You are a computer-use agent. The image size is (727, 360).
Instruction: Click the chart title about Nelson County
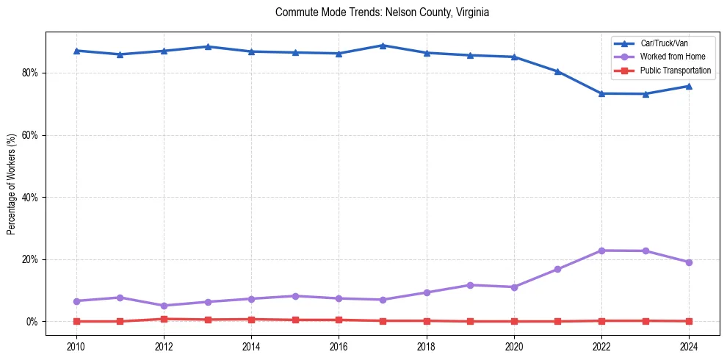tap(382, 12)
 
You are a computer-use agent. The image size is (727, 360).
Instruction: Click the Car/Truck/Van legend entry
tap(664, 43)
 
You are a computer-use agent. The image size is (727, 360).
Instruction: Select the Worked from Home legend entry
tap(673, 57)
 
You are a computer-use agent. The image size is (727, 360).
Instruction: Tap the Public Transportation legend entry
tap(676, 71)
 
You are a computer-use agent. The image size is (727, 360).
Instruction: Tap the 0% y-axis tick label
tap(32, 322)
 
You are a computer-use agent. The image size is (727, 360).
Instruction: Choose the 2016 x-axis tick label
tap(339, 346)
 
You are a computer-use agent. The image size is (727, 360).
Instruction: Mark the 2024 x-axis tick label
tap(689, 346)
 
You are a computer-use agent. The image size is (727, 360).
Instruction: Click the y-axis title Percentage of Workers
tap(12, 184)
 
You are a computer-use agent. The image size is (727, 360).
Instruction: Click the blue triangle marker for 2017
tap(383, 46)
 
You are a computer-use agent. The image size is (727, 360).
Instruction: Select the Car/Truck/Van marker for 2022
tap(601, 93)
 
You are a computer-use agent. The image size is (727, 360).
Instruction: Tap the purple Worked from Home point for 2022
tap(601, 251)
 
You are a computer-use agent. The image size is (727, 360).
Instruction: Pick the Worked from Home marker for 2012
tap(164, 306)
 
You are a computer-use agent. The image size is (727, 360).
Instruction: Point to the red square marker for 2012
tap(164, 319)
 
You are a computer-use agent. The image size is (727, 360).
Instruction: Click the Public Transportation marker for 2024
tap(689, 321)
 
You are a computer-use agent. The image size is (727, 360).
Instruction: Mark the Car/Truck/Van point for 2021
tap(557, 72)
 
